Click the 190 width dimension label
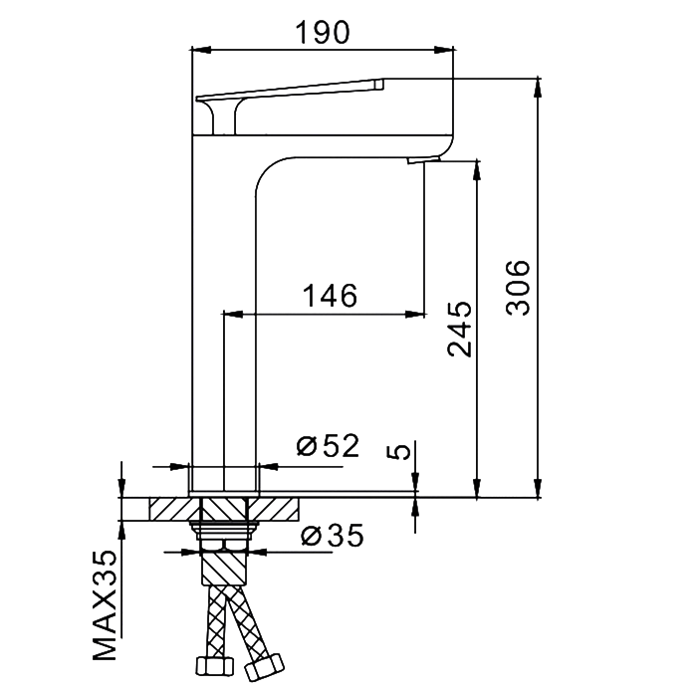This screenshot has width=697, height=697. click(322, 32)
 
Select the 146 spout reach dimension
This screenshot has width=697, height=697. click(330, 295)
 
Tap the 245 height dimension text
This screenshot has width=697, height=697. click(460, 328)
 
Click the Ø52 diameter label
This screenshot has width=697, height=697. click(328, 446)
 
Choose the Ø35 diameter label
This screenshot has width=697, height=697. click(332, 536)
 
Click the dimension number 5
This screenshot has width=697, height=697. click(398, 451)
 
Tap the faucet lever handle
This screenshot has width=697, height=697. click(289, 93)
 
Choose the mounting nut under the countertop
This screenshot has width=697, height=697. click(224, 537)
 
